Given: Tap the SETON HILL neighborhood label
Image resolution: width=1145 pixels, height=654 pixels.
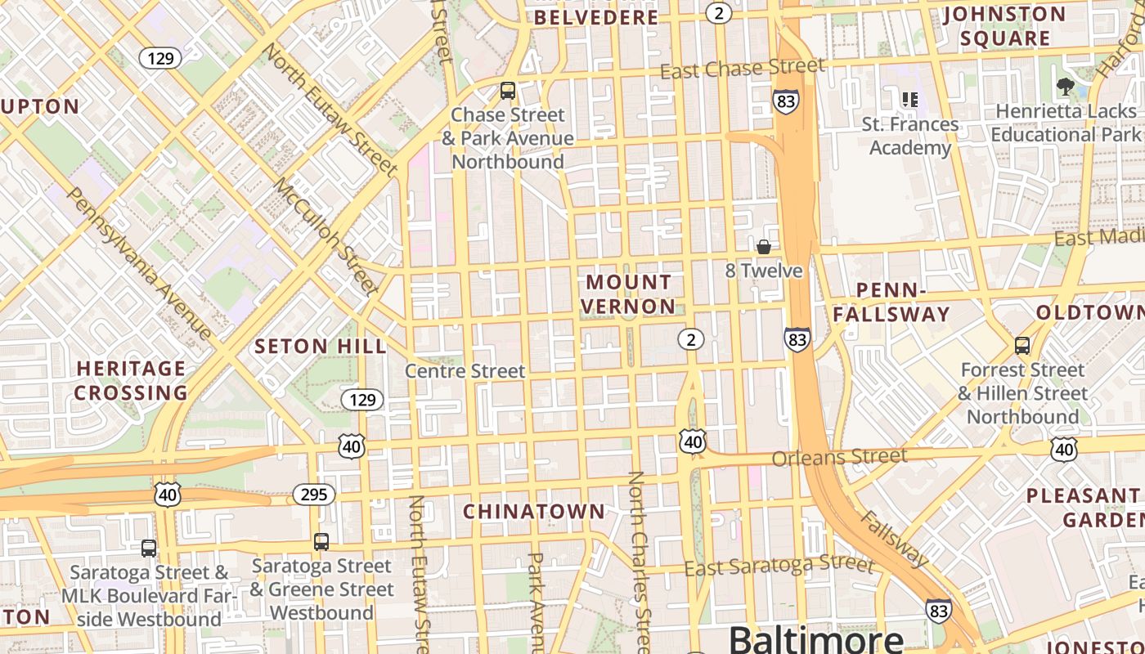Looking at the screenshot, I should point(321,346).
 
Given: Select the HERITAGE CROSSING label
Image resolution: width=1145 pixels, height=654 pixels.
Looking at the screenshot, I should point(131,380).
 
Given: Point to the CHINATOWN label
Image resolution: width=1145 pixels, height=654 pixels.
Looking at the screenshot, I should point(534,512).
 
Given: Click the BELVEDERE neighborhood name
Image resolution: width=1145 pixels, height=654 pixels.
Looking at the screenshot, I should point(596,17).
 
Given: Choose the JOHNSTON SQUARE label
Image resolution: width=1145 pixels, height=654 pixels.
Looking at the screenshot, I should point(1004,26).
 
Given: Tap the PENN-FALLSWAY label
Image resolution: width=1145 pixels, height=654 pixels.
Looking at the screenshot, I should point(891,302).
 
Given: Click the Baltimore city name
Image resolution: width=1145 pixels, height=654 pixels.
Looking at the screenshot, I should point(815,638).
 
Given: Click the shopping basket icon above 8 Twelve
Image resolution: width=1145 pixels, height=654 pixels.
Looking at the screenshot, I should point(764,247).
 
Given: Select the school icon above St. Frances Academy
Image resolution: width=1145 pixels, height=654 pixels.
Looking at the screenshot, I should point(909,100).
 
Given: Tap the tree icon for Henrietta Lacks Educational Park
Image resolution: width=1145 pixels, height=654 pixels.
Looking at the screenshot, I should point(1065,85).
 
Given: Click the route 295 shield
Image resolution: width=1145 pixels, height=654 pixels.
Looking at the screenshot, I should point(313,494).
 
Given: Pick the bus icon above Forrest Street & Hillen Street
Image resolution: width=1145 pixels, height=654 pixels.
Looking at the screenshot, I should point(1022,345).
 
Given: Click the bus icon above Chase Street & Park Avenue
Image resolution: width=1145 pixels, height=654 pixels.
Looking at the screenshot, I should point(508,90).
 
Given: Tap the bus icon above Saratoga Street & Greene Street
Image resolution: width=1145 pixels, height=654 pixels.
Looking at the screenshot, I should point(321,541).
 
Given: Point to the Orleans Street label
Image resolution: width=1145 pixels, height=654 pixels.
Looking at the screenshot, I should point(839,457).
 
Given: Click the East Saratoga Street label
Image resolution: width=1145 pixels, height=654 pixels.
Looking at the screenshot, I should point(779,564).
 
